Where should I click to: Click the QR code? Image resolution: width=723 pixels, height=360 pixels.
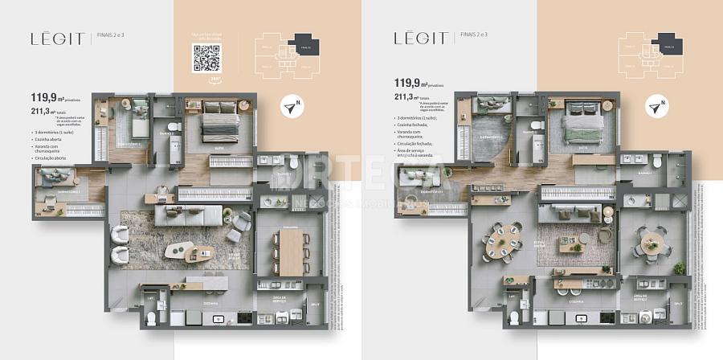206,58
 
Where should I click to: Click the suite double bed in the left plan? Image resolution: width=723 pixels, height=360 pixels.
219,125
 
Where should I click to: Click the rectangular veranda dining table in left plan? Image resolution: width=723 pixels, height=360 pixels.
288,252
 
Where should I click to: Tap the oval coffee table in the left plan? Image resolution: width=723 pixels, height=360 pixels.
181,252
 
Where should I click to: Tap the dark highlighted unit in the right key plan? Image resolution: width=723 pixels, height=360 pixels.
666,44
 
